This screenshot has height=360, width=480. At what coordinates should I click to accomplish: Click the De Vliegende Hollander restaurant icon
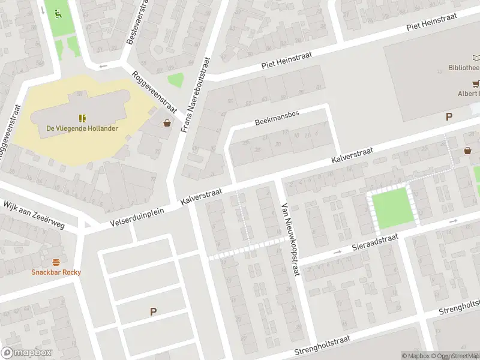[82, 118]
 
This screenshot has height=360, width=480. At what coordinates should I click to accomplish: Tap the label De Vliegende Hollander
[82, 128]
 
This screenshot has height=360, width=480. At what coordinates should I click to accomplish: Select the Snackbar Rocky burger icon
[56, 262]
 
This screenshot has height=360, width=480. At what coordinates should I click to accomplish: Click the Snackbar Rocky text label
[56, 272]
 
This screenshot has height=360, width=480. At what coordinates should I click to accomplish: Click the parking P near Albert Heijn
[448, 117]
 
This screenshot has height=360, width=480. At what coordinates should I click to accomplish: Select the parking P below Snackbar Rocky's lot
[153, 311]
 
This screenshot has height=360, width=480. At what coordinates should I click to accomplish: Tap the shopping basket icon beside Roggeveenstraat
[167, 122]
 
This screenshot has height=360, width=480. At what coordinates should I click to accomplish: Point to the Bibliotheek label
[464, 68]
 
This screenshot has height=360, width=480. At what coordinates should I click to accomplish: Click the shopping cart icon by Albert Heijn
[476, 84]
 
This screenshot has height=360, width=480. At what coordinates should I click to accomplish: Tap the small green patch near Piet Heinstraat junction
[175, 80]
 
